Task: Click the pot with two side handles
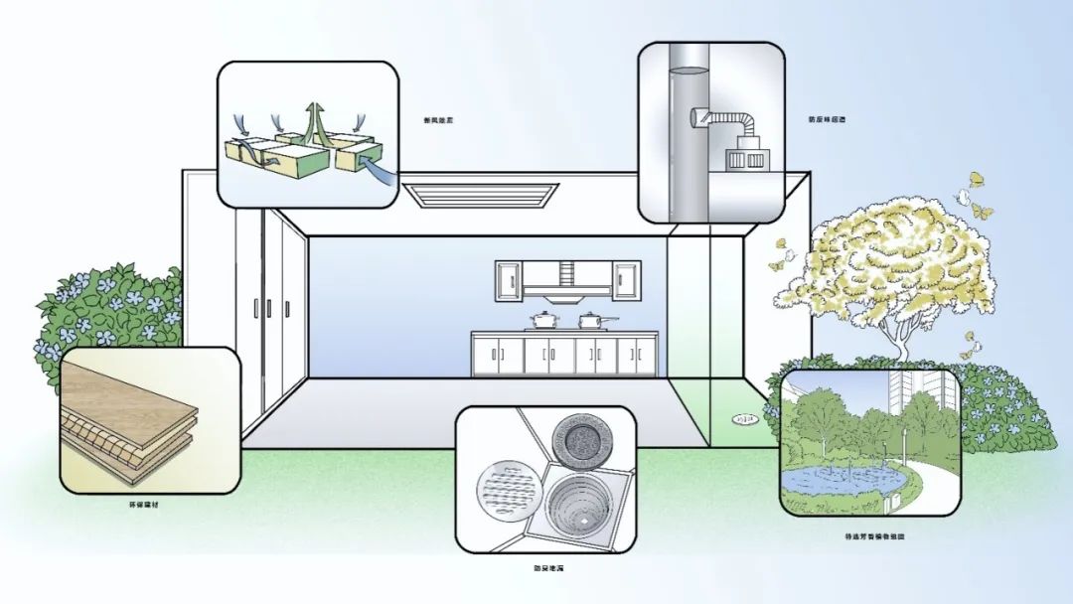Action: pos(542,321)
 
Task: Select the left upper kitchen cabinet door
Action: pos(509,279)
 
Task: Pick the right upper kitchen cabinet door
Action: pos(626,279)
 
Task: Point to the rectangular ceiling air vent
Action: pos(481,195)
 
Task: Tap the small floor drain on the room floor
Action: pos(745,420)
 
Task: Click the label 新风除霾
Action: pos(437,120)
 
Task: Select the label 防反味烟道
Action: pos(827,120)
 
